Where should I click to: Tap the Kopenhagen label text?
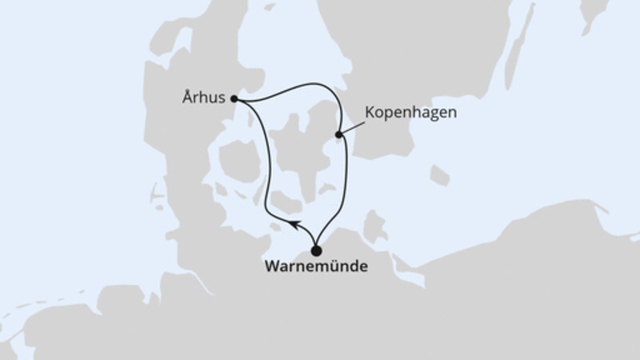tap(410, 113)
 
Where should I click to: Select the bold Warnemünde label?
tap(316, 267)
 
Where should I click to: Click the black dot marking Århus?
tap(234, 99)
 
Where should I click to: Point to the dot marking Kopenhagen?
tap(339, 134)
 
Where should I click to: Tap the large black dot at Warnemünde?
tap(316, 250)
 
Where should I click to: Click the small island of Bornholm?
tap(439, 175)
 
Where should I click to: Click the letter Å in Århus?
tap(186, 100)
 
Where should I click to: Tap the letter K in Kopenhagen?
tap(370, 113)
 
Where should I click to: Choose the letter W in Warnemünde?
tap(270, 267)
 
